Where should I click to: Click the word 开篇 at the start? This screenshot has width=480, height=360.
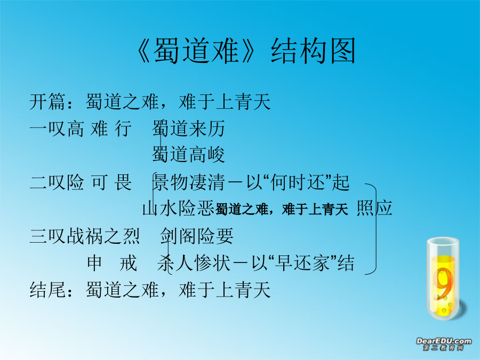pos(47,101)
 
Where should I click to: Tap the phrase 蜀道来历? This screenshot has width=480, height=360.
pos(189,128)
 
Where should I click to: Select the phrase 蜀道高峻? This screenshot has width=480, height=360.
pos(189,154)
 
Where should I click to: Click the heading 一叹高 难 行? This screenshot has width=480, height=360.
pos(81,128)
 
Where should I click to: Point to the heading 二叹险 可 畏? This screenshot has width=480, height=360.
pos(81,182)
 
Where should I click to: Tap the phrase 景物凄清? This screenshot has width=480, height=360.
pos(189,182)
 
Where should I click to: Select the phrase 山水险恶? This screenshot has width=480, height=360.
pos(179,209)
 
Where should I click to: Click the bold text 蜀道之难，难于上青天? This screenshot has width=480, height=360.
pos(282,210)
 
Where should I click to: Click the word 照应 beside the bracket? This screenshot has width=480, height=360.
pos(374,208)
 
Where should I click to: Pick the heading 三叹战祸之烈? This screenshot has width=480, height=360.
pos(85,236)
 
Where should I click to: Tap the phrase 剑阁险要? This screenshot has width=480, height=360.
pos(197,236)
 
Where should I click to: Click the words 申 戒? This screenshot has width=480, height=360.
pos(112,263)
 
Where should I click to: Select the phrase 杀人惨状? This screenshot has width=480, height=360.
pos(194,263)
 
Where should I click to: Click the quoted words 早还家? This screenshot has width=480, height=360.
pos(302,263)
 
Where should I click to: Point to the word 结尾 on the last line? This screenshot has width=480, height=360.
pos(47,290)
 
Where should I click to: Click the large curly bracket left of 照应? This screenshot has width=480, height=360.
pos(376,229)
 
